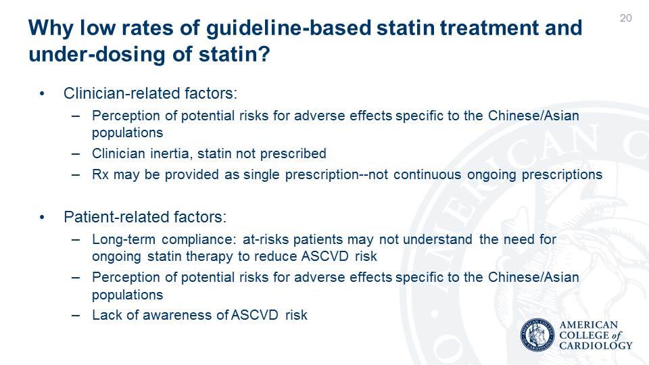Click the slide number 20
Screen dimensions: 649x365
[626, 18]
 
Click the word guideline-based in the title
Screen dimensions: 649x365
[288, 28]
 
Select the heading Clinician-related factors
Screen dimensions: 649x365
[150, 93]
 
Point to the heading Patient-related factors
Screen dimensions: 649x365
[145, 217]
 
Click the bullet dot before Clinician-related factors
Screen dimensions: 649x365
[42, 94]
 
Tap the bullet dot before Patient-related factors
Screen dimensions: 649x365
[42, 217]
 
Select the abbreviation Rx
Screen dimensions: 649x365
[100, 174]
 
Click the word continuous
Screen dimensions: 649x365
[427, 174]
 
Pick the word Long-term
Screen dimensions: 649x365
[123, 239]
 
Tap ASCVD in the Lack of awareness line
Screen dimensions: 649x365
[255, 315]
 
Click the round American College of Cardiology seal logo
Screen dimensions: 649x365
[537, 335]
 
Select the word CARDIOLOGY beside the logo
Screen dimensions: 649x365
[596, 345]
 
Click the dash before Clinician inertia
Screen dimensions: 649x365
[75, 154]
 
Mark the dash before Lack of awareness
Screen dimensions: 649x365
[75, 316]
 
